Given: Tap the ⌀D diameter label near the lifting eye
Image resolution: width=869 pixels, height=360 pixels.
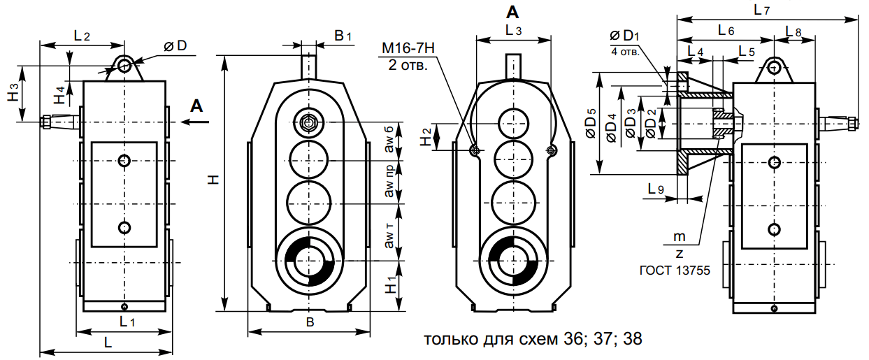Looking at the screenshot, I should pos(175,45).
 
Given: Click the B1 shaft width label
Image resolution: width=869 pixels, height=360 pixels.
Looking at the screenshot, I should pos(343,35).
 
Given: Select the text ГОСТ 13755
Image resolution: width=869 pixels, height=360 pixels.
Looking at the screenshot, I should pos(675,269).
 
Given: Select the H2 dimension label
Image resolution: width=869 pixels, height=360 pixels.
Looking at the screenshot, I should pos(426,137).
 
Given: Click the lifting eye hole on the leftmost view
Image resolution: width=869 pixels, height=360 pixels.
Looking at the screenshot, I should pos(125,66).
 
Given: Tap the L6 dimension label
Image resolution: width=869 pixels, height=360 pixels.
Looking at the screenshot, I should pos(726,31).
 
